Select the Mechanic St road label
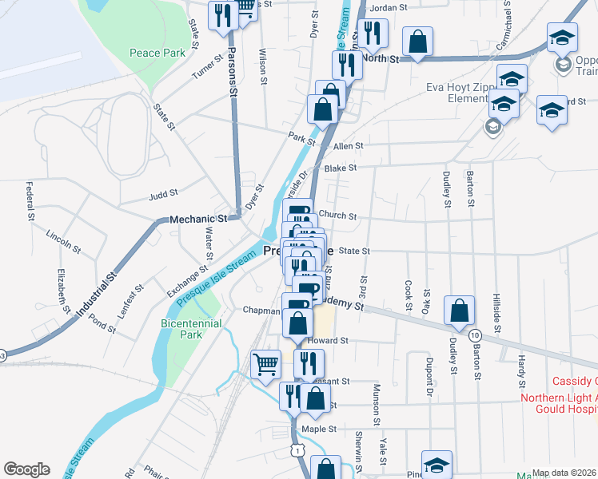pyautogui.click(x=198, y=219)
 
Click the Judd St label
pyautogui.click(x=163, y=193)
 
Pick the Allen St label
pyautogui.click(x=349, y=146)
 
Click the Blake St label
pyautogui.click(x=341, y=168)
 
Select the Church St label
pyautogui.click(x=337, y=215)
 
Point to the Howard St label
pyautogui.click(x=333, y=339)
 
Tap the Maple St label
pyautogui.click(x=320, y=429)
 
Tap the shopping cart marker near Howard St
pyautogui.click(x=266, y=364)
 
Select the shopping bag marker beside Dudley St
pyautogui.click(x=459, y=311)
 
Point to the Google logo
pyautogui.click(x=26, y=469)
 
